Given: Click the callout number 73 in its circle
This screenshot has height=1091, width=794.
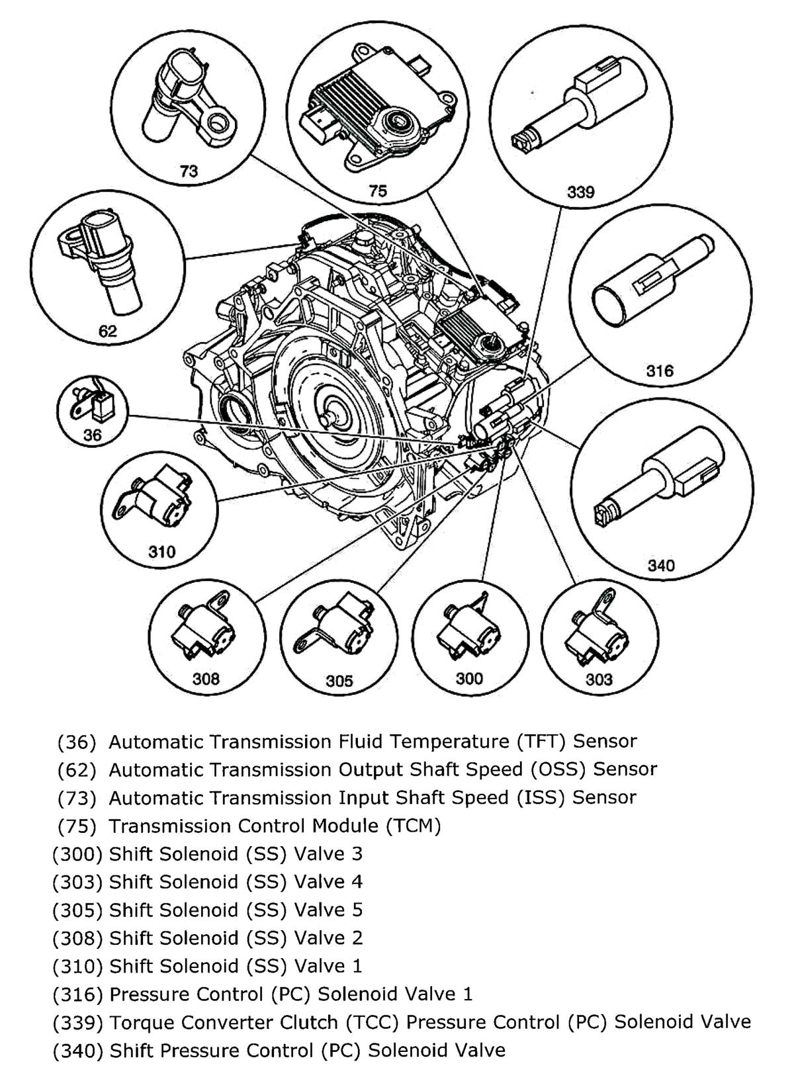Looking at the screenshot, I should pyautogui.click(x=189, y=171).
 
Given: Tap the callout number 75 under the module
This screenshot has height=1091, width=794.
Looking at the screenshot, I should pyautogui.click(x=377, y=191).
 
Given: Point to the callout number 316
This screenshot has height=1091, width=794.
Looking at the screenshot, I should pyautogui.click(x=659, y=371).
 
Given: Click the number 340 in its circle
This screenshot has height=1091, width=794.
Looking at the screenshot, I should pyautogui.click(x=660, y=565).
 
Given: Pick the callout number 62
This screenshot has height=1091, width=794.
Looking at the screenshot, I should pyautogui.click(x=108, y=331).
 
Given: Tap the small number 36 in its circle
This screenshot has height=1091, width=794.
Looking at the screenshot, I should pyautogui.click(x=93, y=435).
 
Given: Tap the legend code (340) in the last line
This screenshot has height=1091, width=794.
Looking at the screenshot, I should pyautogui.click(x=77, y=1050).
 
